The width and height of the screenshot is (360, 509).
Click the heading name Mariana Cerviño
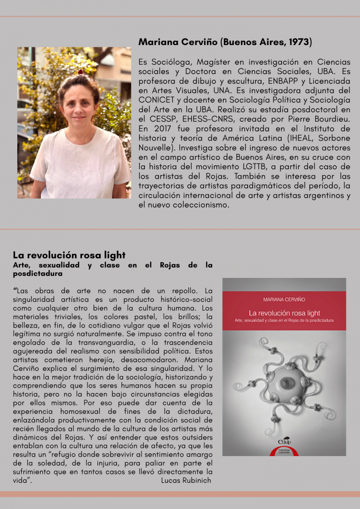coord(178,42)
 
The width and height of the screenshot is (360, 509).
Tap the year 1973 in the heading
coord(299,42)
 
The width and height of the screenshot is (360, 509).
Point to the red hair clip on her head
coord(81,72)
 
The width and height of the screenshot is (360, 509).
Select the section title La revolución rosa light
coord(69,255)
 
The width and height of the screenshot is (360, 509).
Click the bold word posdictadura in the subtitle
coord(37,273)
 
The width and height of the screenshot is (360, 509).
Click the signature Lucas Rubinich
coord(186,480)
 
